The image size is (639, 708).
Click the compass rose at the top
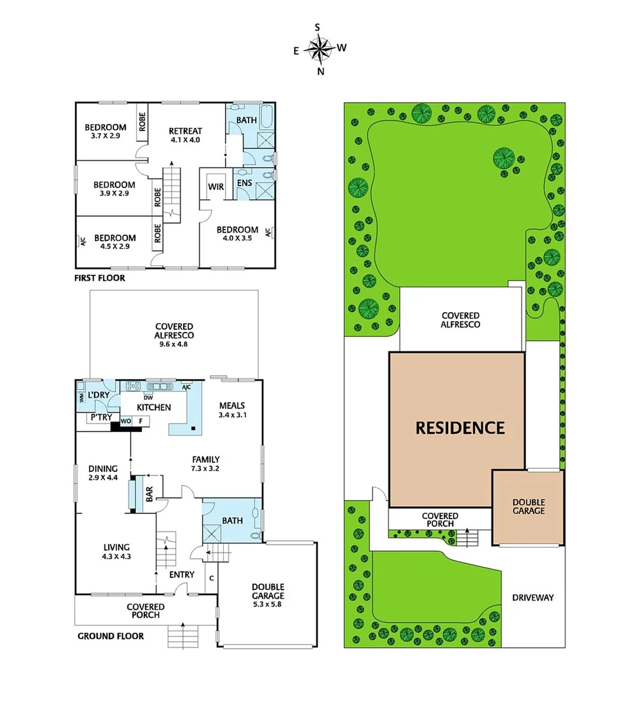319,49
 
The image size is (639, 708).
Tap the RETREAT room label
185,130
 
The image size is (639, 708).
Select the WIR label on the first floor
216,187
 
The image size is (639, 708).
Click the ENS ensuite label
244,183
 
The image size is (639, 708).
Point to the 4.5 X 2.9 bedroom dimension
115,247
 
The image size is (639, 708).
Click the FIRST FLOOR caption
100,278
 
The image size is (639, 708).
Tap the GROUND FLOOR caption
111,636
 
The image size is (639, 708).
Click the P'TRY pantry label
100,418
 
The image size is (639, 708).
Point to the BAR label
149,494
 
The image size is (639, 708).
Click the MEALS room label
232,405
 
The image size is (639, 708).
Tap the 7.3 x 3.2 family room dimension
205,469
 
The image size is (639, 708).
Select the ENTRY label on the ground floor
182,575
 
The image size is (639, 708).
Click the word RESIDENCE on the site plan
460,428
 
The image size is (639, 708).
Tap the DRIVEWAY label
533,597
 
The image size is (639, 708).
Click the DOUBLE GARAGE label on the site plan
528,506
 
